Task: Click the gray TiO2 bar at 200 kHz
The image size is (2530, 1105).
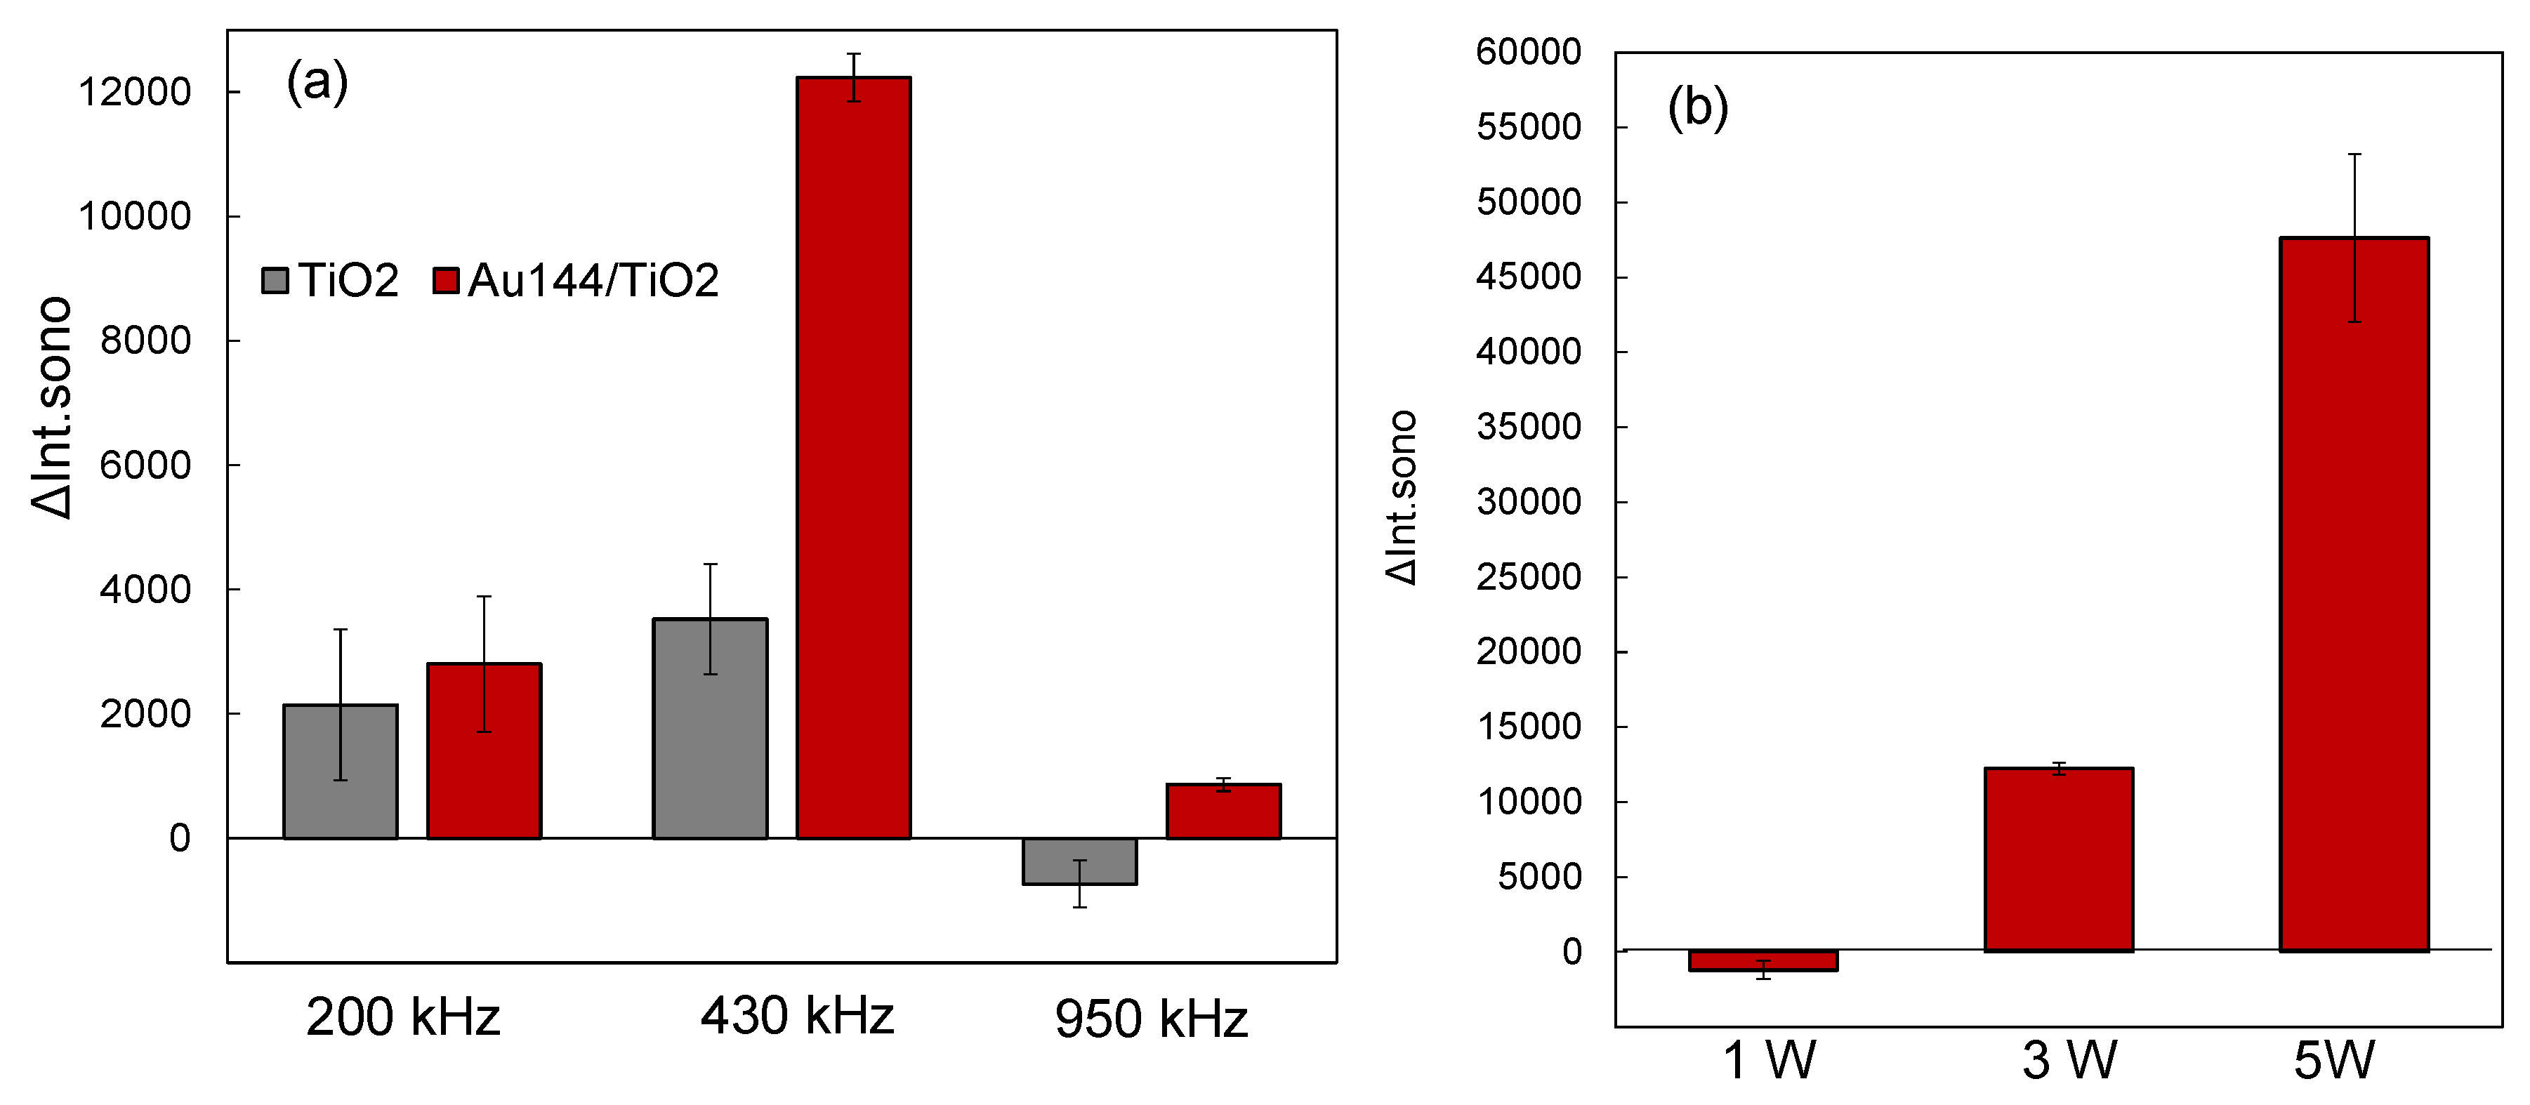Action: (x=340, y=772)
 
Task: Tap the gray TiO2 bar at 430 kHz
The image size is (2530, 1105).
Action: (x=709, y=729)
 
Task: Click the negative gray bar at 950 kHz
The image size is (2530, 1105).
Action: (x=1079, y=861)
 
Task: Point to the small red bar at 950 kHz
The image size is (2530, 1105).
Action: (x=1223, y=812)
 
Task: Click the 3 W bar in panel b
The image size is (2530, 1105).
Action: (x=2059, y=859)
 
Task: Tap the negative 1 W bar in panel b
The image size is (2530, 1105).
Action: (x=1763, y=960)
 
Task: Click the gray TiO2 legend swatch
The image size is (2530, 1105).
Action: (x=275, y=281)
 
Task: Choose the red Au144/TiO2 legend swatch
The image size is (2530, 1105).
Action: (x=446, y=281)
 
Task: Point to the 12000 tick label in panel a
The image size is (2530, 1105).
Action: (x=135, y=93)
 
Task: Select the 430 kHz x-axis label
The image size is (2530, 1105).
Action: (x=796, y=1017)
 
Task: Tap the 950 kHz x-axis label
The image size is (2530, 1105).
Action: (x=1151, y=1019)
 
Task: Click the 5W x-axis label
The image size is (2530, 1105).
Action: (x=2333, y=1061)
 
